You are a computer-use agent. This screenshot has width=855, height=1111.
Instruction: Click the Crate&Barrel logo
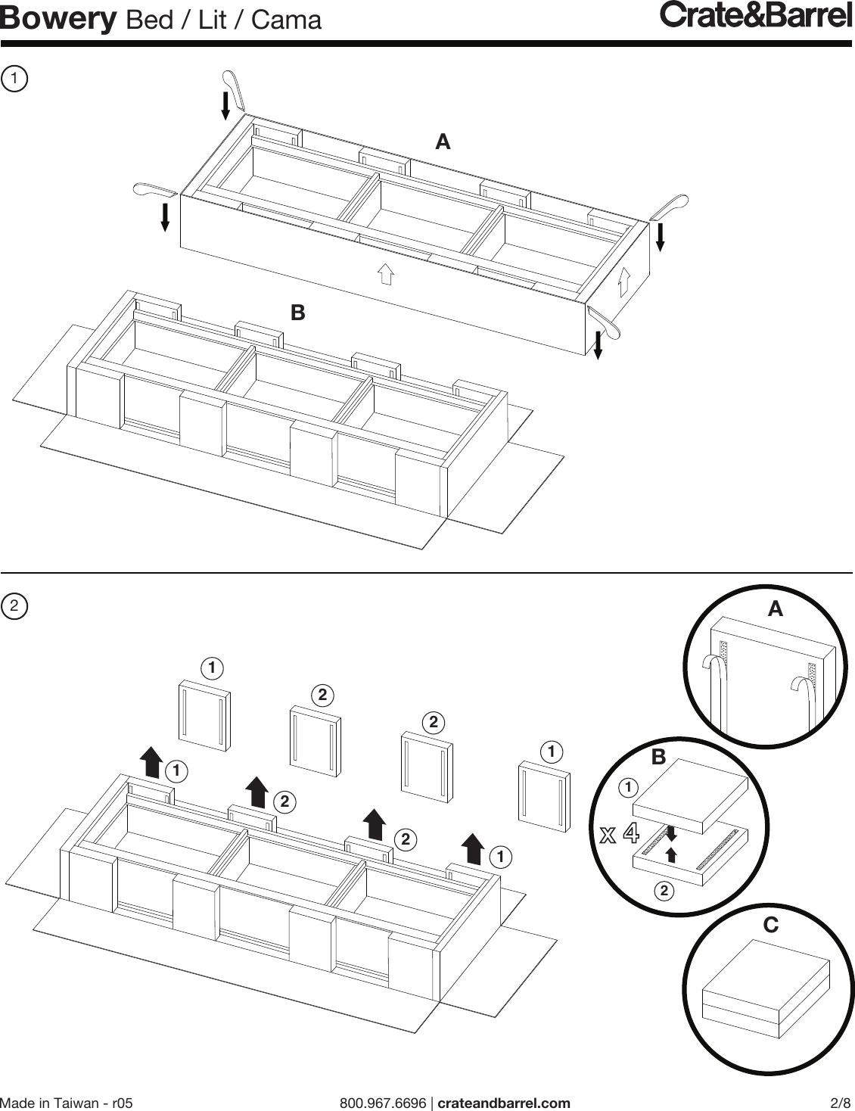(x=756, y=16)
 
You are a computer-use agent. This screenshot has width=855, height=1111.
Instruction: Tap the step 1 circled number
(x=14, y=78)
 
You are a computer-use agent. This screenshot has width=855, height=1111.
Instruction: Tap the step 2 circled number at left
(x=14, y=606)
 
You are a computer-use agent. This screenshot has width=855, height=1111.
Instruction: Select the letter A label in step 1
(x=443, y=142)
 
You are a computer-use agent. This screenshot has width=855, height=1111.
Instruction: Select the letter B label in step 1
(x=298, y=312)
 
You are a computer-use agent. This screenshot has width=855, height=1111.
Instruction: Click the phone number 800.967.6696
(x=383, y=1102)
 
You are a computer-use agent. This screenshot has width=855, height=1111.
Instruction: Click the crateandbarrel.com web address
(x=504, y=1102)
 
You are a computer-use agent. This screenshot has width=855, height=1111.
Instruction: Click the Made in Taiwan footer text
(x=67, y=1102)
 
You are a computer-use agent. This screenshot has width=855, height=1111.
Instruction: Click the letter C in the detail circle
(x=770, y=925)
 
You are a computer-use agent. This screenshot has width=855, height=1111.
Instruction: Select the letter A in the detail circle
(x=775, y=608)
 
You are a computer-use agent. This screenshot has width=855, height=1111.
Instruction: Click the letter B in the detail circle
(x=658, y=757)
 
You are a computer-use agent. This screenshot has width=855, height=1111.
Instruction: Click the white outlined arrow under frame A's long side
(x=385, y=273)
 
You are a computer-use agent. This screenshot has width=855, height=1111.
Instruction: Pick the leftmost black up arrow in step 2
(x=151, y=761)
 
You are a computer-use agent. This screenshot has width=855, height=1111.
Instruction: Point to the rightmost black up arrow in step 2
(x=473, y=848)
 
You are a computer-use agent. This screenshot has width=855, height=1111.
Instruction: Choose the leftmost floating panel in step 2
(x=204, y=717)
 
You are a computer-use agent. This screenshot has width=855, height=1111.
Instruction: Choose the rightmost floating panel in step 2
(x=544, y=798)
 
